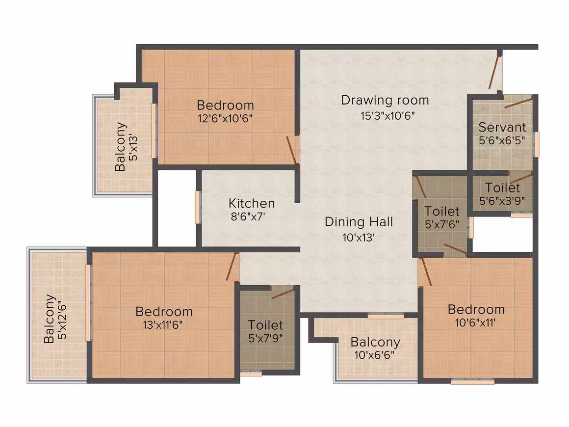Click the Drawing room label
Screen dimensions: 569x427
(x=385, y=100)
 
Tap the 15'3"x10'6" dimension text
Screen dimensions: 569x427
(x=388, y=116)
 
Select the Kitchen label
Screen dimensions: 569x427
(x=252, y=203)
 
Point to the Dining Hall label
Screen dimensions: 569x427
(x=359, y=222)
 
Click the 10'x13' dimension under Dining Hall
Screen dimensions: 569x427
(x=359, y=238)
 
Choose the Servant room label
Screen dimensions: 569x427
(x=502, y=128)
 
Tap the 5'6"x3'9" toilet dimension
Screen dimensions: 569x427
(x=502, y=201)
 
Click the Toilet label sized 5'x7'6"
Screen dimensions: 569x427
(x=441, y=212)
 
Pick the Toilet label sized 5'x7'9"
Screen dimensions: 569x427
(x=265, y=325)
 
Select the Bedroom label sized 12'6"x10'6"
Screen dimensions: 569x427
(x=225, y=106)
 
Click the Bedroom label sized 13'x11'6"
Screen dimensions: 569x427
(x=164, y=312)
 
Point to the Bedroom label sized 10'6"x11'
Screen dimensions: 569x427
(x=476, y=309)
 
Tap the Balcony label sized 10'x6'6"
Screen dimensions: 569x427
(x=375, y=342)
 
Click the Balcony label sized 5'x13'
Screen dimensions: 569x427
(x=120, y=147)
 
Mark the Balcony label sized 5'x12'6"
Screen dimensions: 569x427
(x=49, y=319)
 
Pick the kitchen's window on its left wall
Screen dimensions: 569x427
(x=197, y=207)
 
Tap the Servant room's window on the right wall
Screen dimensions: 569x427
(x=536, y=144)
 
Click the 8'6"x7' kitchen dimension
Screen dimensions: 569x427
(x=248, y=217)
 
